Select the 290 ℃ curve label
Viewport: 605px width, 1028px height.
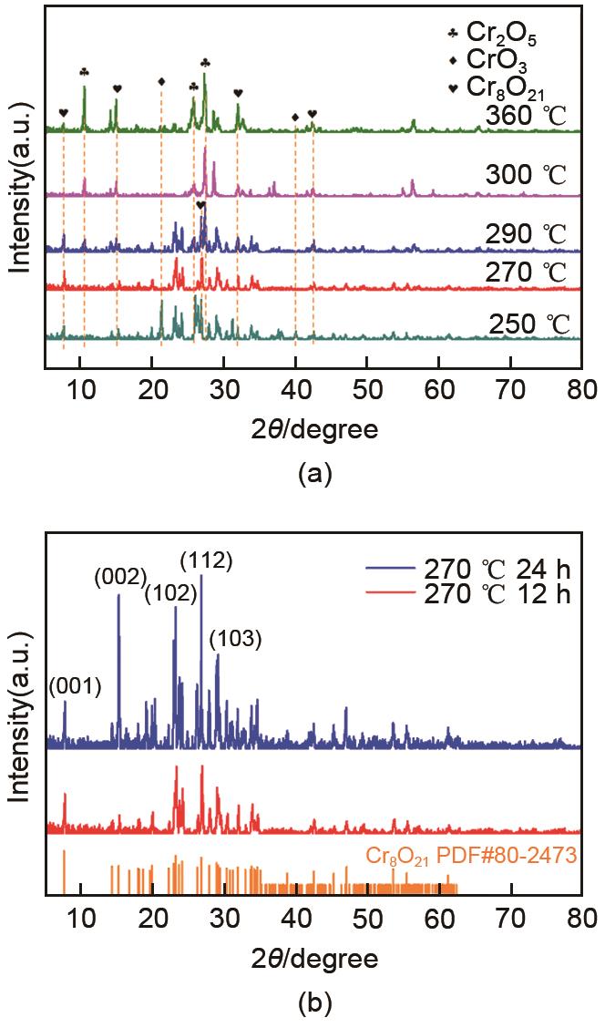click(x=527, y=234)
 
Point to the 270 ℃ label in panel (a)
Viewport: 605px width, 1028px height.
click(x=527, y=272)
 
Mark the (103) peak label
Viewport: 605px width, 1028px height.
click(x=235, y=640)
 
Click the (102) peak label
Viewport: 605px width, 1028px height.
click(x=170, y=594)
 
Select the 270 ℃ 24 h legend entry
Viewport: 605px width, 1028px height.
click(x=496, y=571)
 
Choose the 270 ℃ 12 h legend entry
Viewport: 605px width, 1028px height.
click(x=496, y=596)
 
